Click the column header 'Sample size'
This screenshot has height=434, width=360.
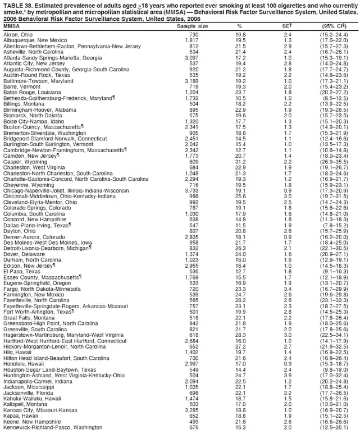(192, 26)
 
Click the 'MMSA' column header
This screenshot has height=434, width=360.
(12, 26)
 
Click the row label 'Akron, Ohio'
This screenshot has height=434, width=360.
(17, 34)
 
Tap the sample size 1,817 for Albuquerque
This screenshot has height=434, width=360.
(192, 40)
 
